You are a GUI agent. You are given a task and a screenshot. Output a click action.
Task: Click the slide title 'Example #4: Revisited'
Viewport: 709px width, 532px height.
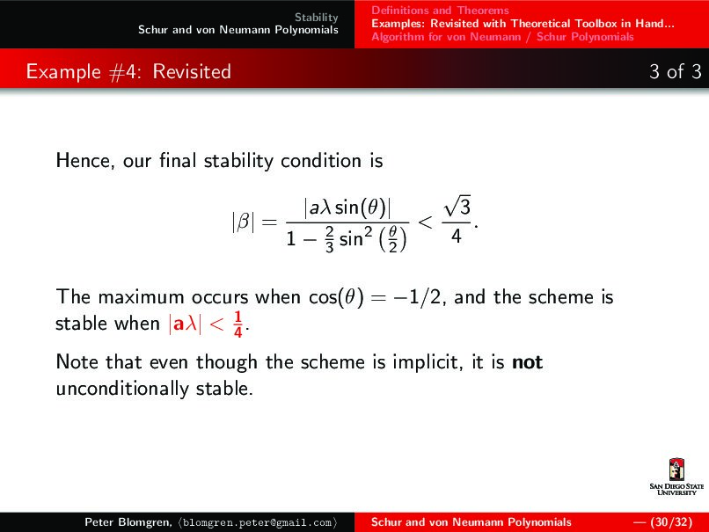pyautogui.click(x=128, y=71)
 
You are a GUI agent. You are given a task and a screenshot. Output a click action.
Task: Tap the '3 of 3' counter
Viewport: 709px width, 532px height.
pyautogui.click(x=675, y=71)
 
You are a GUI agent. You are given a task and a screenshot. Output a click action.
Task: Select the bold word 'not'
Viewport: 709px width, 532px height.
pyautogui.click(x=527, y=361)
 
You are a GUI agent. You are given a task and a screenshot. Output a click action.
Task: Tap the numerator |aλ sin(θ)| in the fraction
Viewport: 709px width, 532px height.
pyautogui.click(x=347, y=208)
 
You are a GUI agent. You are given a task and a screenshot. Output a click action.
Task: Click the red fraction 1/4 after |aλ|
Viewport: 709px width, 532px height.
pyautogui.click(x=238, y=324)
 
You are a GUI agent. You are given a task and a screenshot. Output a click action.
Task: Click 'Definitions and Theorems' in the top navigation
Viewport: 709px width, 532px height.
pyautogui.click(x=440, y=11)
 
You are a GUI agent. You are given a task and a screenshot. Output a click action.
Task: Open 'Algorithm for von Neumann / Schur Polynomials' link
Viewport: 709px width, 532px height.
pyautogui.click(x=501, y=37)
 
